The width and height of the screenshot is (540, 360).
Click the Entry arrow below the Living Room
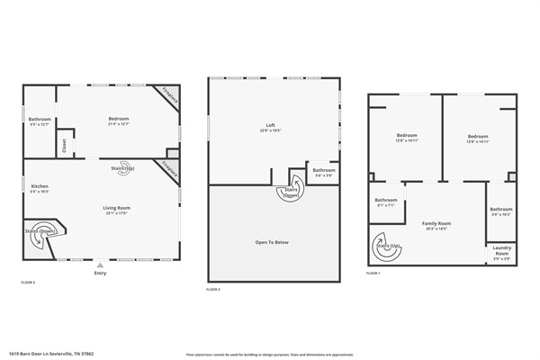(100, 266)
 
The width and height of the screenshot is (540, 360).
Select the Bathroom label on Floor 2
(40, 120)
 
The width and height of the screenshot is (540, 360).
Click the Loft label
(270, 125)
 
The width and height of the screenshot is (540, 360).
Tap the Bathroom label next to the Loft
(324, 170)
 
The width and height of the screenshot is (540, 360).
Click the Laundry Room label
(502, 254)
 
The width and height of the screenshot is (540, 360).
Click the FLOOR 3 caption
(213, 289)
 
